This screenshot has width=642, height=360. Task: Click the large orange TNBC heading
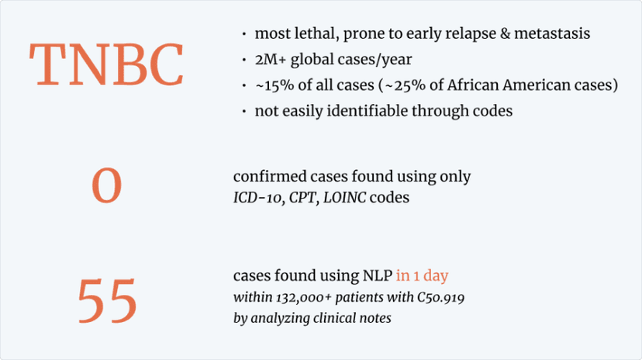pos(106,64)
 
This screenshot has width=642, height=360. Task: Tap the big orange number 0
pos(106,185)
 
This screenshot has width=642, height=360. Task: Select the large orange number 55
pos(107,300)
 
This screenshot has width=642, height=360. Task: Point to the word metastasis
pos(552,33)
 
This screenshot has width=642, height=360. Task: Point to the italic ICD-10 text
pos(257,198)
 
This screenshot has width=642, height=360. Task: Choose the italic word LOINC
pos(344,197)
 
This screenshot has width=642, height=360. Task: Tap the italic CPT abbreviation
pos(302,197)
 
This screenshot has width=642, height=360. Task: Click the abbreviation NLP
pos(378,275)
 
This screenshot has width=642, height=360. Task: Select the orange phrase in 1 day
pos(422,275)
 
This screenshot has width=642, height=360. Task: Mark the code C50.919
pos(440,297)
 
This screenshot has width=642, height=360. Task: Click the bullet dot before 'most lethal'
pos(244,34)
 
